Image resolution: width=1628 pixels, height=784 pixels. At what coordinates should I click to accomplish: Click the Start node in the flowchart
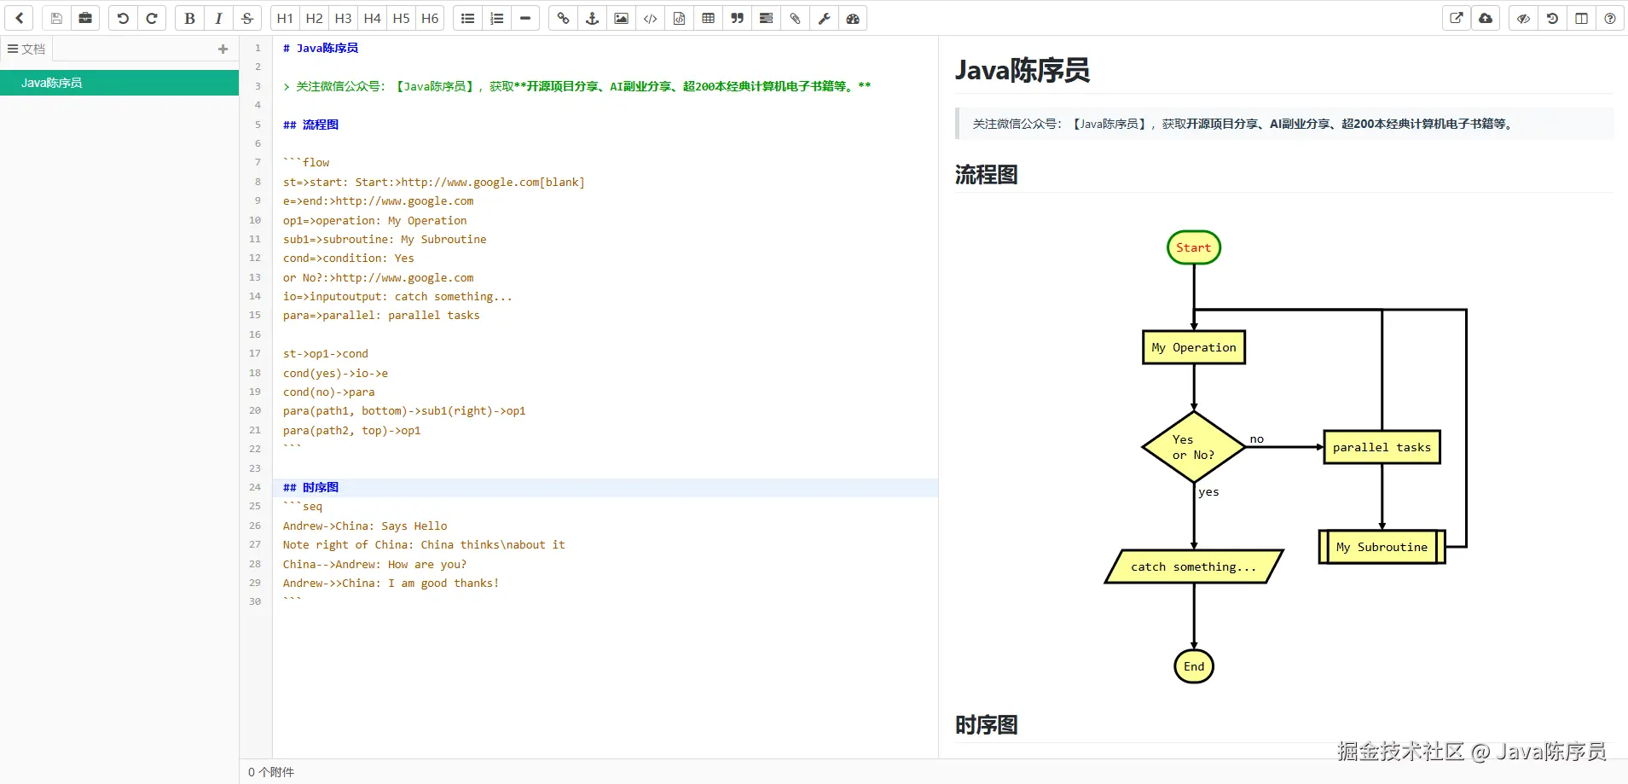point(1194,247)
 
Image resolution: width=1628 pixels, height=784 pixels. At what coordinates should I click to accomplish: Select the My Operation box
point(1194,347)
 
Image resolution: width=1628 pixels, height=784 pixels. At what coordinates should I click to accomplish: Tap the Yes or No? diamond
point(1194,447)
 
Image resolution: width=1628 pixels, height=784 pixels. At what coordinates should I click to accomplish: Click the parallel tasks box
point(1382,447)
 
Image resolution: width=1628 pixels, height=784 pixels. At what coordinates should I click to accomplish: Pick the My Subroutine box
point(1382,547)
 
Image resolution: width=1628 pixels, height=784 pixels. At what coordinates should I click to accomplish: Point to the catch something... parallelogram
point(1194,566)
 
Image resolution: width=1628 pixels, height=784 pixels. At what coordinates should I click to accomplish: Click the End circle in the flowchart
point(1194,666)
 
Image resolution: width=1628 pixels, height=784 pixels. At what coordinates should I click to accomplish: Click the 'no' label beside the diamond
point(1257,439)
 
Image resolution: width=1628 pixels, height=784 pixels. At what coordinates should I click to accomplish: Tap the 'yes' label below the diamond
point(1208,492)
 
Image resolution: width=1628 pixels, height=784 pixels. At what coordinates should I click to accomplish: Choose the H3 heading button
point(343,18)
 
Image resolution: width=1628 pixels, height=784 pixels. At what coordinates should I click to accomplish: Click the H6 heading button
point(430,18)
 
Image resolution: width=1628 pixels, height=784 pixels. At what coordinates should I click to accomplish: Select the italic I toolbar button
point(218,18)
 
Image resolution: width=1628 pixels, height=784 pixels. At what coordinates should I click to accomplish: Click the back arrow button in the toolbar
point(19,18)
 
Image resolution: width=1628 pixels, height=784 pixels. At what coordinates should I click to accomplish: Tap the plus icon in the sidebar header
point(223,49)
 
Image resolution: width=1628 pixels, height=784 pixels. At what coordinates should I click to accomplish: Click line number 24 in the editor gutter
point(255,487)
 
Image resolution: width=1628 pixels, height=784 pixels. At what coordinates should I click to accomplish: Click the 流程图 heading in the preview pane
point(986,175)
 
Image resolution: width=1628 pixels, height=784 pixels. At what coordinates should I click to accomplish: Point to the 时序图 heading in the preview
point(986,725)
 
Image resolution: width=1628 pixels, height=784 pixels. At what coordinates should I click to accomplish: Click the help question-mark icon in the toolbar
point(1610,18)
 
